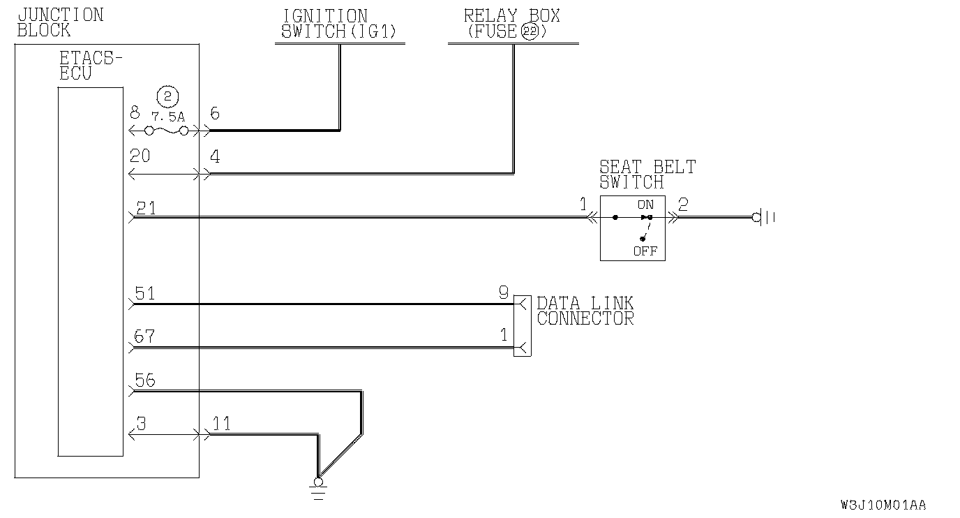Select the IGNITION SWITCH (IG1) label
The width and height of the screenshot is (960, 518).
(x=325, y=24)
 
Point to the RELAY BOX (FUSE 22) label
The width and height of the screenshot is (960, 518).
(x=512, y=24)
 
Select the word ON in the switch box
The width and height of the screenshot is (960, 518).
(x=645, y=205)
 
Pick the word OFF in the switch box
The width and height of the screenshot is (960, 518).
(x=645, y=251)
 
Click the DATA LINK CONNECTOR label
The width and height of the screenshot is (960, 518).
(x=585, y=311)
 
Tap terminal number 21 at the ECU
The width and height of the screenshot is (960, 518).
(x=147, y=208)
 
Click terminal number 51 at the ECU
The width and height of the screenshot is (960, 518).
(x=145, y=295)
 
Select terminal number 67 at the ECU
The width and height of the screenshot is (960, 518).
(x=145, y=338)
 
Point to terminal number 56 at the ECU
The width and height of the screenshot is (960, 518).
(x=145, y=381)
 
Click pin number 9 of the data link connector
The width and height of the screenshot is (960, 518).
(x=504, y=293)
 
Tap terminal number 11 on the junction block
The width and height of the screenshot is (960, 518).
(x=222, y=424)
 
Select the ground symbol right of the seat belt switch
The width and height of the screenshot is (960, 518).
(x=765, y=218)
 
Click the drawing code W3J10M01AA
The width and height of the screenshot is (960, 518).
(x=883, y=505)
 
